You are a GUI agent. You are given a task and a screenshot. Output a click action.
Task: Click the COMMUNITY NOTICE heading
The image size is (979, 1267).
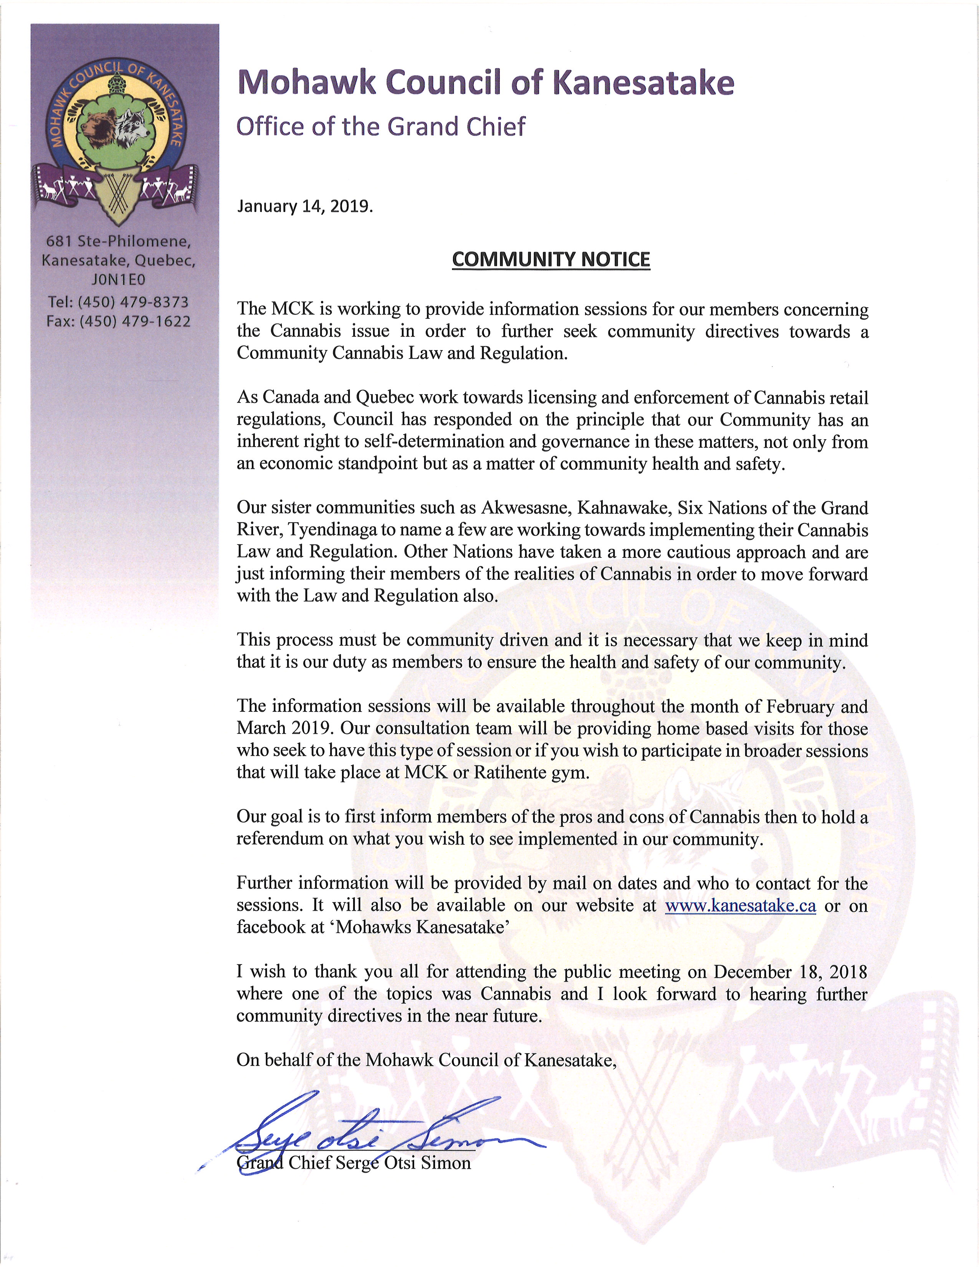551,259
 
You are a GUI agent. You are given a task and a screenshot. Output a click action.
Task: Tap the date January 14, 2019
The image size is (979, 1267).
304,207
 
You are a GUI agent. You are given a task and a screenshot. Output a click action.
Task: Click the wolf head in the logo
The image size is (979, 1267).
134,126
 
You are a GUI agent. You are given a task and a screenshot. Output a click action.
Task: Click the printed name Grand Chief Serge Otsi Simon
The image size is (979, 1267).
354,1162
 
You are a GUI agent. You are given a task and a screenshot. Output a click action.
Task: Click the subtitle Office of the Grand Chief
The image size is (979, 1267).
381,126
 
